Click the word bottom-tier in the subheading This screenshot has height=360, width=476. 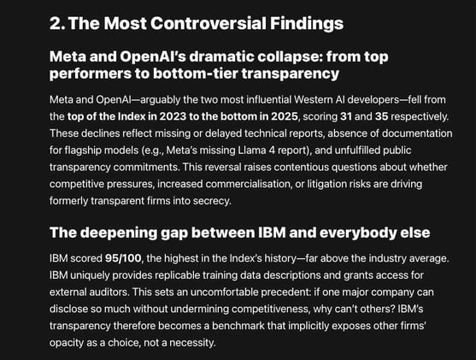pyautogui.click(x=185, y=74)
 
